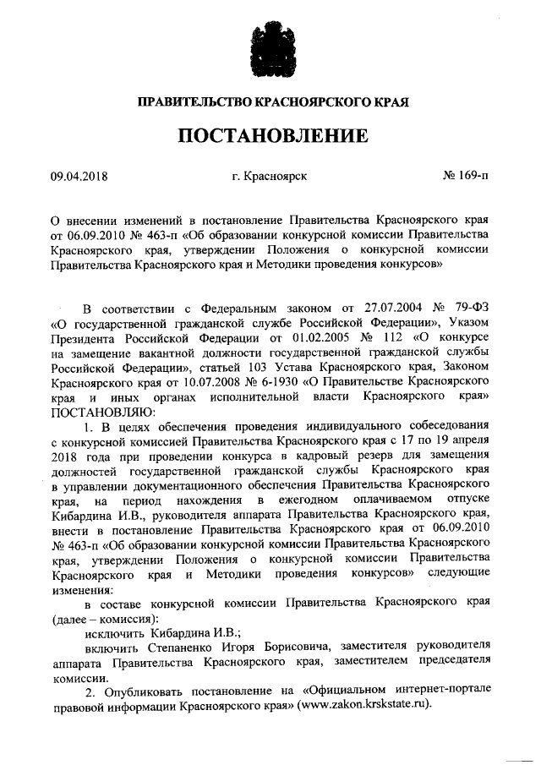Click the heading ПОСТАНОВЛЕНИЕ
270,136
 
